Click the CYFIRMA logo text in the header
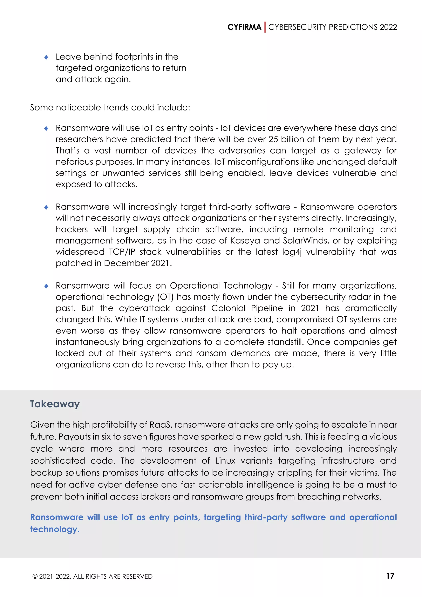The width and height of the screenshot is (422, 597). [x=244, y=27]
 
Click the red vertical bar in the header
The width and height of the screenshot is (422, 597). [x=265, y=27]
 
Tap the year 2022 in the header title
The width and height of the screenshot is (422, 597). [x=388, y=27]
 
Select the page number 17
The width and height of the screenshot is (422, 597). [x=390, y=576]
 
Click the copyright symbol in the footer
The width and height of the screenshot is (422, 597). [x=35, y=576]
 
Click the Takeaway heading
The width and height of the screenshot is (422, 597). [x=55, y=404]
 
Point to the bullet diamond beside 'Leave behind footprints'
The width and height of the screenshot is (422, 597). [x=46, y=57]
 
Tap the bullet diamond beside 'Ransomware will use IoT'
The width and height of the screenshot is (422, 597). [x=46, y=128]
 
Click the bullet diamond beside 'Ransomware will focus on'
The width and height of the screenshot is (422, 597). [x=46, y=286]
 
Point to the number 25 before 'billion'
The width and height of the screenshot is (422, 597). [x=273, y=139]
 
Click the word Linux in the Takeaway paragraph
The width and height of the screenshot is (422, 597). [x=225, y=461]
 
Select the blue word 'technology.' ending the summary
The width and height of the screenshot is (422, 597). [x=55, y=529]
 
